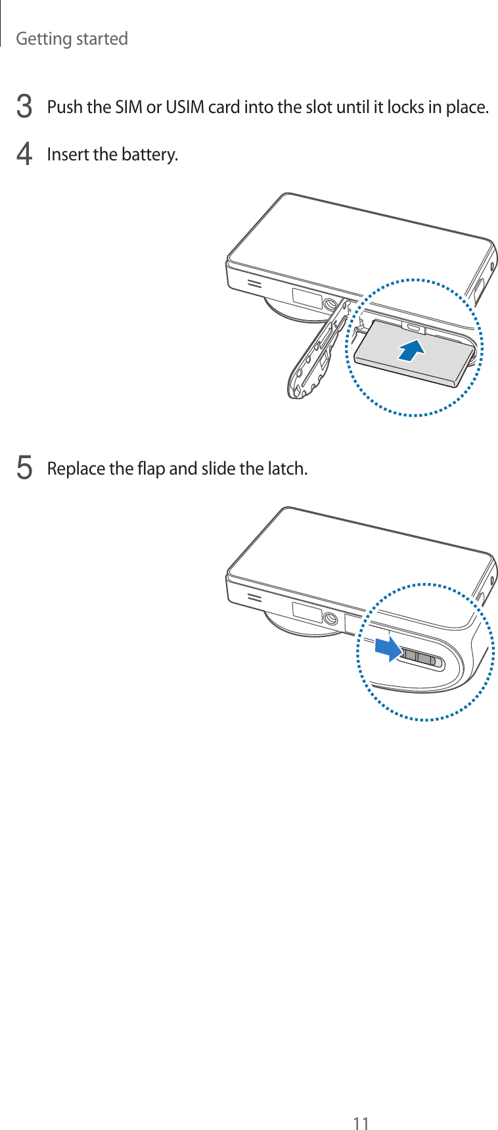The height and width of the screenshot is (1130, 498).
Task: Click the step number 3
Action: (x=24, y=106)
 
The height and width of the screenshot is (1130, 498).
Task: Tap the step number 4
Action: (x=24, y=154)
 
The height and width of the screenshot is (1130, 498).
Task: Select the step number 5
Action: (x=24, y=469)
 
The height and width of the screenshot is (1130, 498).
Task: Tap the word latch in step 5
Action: (x=288, y=469)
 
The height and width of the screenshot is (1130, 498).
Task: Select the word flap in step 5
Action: (x=151, y=469)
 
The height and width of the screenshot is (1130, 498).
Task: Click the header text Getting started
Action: (x=72, y=39)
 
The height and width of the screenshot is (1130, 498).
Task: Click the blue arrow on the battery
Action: (x=411, y=351)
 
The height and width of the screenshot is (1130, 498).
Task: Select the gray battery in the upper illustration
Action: (x=415, y=352)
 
